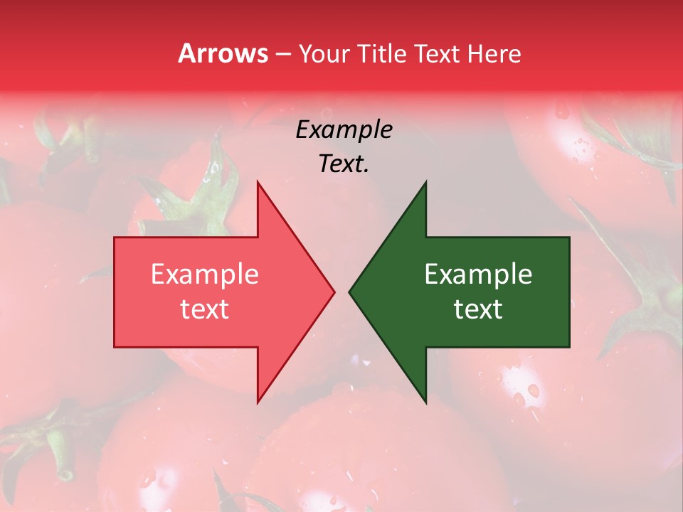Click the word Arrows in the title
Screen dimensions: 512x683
[223, 53]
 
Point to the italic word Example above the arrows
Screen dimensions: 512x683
[344, 129]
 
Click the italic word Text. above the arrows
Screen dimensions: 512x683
[344, 164]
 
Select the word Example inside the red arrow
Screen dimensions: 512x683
[204, 274]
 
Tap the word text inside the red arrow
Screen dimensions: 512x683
[204, 309]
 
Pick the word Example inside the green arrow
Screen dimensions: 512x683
[478, 274]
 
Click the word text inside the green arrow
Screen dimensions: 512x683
[478, 309]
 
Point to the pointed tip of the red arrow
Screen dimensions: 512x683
[334, 292]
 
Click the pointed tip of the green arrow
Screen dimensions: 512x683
[349, 292]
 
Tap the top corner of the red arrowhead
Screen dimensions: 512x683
[258, 182]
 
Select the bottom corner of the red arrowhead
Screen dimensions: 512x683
[258, 402]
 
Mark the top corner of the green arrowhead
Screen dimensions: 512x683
[425, 182]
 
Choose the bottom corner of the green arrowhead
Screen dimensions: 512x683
[425, 402]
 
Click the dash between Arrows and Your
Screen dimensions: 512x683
[282, 54]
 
